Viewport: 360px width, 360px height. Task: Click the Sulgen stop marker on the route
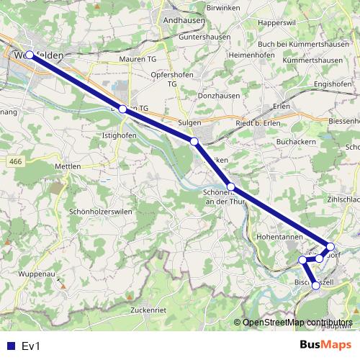pos(194,142)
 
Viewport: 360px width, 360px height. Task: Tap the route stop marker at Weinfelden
pos(30,55)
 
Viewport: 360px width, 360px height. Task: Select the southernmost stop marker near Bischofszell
pos(315,286)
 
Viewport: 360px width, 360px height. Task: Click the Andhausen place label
pos(184,22)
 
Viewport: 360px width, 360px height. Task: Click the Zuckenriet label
pos(149,310)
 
